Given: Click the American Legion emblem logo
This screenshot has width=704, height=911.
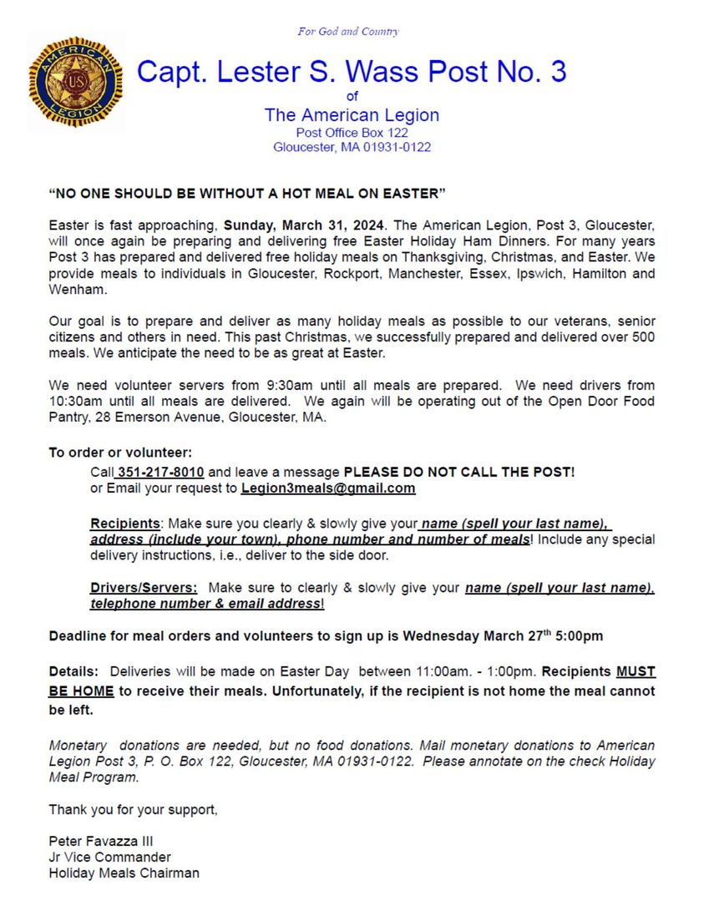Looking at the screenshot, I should pos(76,82).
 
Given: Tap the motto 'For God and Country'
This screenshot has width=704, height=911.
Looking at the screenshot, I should pos(348,32).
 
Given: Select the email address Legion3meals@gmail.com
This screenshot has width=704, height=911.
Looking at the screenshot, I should pos(328,488).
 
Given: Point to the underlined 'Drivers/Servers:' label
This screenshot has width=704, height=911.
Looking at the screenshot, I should pos(144,587).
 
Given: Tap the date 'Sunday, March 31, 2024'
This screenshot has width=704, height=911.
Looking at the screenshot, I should pos(305,225).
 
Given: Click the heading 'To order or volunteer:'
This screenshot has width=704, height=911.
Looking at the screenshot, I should pos(120,453).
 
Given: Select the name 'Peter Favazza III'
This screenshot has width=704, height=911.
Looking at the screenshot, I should pos(100,841).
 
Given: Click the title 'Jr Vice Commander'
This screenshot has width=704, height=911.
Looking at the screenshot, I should pos(109,858).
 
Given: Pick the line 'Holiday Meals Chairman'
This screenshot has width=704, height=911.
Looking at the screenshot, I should pos(124,873).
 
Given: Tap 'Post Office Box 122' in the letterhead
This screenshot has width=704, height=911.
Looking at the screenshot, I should pos(352,133).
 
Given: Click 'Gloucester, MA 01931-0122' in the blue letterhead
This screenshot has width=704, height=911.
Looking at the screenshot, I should pos(352,148).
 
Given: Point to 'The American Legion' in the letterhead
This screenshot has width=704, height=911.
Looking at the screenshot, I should pos(352,115).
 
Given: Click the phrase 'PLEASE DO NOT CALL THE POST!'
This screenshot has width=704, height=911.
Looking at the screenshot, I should pos(459,472).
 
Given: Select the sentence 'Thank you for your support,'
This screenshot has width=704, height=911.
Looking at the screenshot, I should pos(133,809).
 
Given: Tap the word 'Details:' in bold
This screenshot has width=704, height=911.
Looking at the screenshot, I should pos(74,671).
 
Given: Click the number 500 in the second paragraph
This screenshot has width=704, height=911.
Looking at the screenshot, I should pos(644,337).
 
